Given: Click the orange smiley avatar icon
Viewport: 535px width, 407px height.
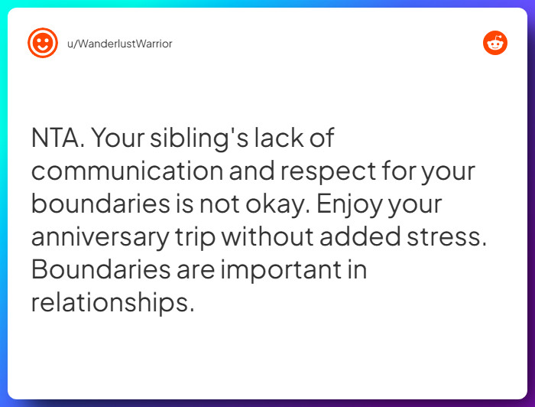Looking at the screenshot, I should [42, 43].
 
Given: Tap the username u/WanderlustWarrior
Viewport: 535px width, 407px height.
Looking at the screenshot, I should [118, 44].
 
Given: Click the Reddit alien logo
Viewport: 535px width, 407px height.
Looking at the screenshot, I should [495, 43].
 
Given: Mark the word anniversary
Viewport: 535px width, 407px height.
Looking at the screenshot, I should [99, 237].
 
